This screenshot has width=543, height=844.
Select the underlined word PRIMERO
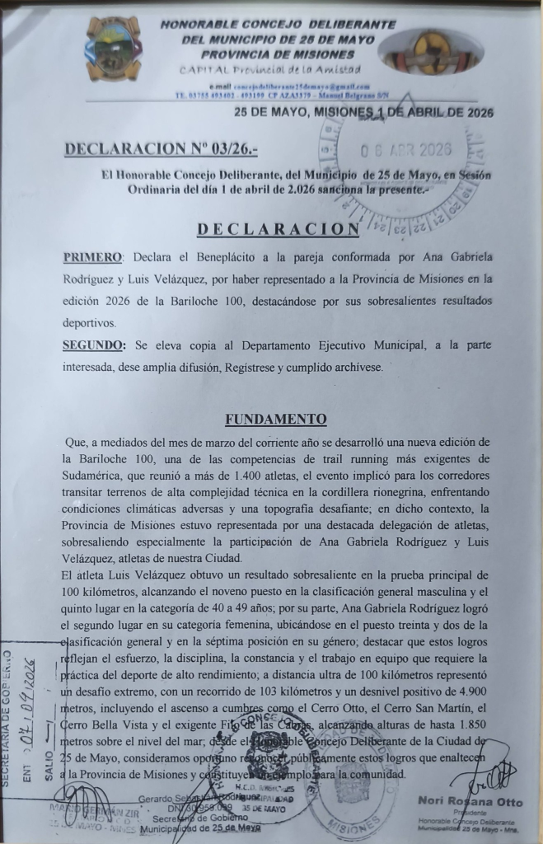coord(92,258)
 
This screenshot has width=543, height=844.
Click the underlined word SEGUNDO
coord(95,345)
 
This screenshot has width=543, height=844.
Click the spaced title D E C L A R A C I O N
coord(277,228)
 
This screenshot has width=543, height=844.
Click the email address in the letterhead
coord(300,87)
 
